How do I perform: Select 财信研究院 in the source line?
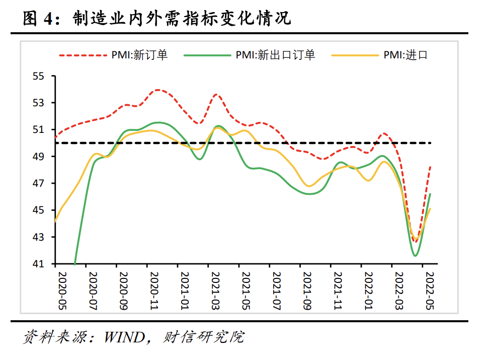(203, 337)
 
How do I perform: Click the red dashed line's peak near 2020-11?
(159, 90)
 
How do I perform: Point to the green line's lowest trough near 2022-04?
(416, 256)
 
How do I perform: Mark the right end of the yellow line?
(431, 208)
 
